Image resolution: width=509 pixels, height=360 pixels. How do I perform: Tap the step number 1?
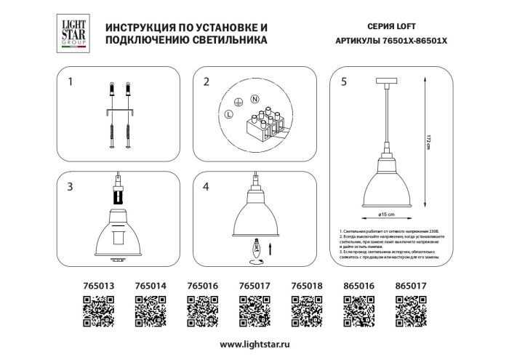point(70,82)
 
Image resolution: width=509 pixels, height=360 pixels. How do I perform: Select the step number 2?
point(206,82)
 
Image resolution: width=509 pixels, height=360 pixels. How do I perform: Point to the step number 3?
point(70,187)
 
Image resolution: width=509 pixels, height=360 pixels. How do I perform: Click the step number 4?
point(206,187)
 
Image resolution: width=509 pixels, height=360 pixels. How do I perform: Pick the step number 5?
point(343,82)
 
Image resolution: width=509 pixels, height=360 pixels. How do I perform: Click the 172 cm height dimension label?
point(429,143)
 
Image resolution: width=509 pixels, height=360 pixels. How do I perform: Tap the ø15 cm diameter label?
point(386,215)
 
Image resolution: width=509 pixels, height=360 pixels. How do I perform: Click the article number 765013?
point(95,287)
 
